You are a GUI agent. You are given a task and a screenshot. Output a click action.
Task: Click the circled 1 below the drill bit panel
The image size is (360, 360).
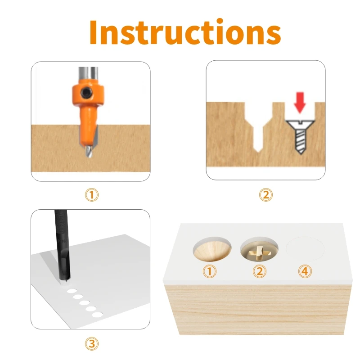pyautogui.click(x=91, y=195)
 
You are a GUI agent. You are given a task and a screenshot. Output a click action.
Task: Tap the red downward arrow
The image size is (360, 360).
pyautogui.click(x=299, y=103)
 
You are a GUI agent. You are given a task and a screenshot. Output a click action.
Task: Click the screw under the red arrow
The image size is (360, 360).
pyautogui.click(x=299, y=137)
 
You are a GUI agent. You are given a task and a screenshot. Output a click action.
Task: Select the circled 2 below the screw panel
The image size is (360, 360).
pyautogui.click(x=265, y=195)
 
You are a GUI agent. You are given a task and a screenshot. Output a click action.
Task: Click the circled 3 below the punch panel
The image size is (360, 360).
pyautogui.click(x=91, y=344)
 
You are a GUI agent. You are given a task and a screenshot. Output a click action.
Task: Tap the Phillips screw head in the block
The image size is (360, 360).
pyautogui.click(x=258, y=251)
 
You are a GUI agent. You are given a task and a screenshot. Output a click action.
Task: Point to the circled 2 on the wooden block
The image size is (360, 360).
pyautogui.click(x=259, y=271)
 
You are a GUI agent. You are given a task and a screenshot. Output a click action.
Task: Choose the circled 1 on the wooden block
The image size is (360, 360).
pyautogui.click(x=210, y=271)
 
